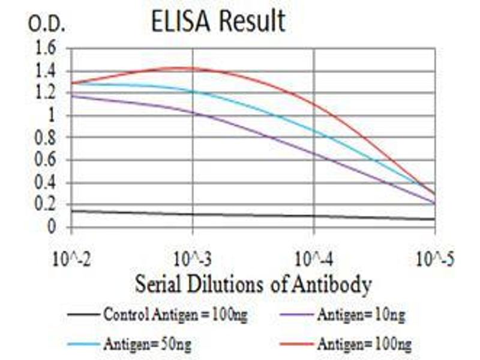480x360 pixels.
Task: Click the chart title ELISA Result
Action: (218, 22)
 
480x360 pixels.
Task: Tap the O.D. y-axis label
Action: (47, 25)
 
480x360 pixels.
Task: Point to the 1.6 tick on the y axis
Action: (47, 48)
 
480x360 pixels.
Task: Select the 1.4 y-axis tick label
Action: (47, 71)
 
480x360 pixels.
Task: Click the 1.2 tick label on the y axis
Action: (47, 94)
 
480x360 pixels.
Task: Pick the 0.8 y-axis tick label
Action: (47, 138)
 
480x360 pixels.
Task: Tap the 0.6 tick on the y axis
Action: (47, 160)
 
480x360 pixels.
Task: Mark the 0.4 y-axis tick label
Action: (47, 183)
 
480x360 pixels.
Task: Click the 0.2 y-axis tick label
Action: (47, 205)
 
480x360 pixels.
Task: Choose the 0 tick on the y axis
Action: (53, 227)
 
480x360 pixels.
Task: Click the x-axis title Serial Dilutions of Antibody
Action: (253, 283)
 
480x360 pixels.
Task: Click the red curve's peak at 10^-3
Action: (193, 68)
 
